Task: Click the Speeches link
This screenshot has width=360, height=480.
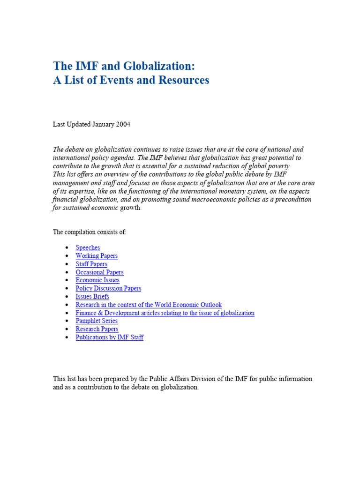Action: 88,247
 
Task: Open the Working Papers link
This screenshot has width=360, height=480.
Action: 97,256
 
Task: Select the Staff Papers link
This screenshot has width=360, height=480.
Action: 91,264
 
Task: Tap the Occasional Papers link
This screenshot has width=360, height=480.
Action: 99,272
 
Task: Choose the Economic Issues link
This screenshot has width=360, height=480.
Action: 97,280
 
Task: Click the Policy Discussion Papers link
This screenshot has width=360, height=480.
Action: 108,288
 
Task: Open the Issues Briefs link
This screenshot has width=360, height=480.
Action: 92,297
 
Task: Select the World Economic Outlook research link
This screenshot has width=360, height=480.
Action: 149,305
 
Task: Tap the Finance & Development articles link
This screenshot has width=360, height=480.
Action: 165,313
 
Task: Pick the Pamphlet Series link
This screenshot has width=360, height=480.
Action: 97,321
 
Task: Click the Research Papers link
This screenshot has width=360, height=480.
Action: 97,329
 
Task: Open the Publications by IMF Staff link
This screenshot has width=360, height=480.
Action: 110,337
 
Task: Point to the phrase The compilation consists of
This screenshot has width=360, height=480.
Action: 90,232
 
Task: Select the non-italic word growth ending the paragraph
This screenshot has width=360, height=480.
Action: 130,208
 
